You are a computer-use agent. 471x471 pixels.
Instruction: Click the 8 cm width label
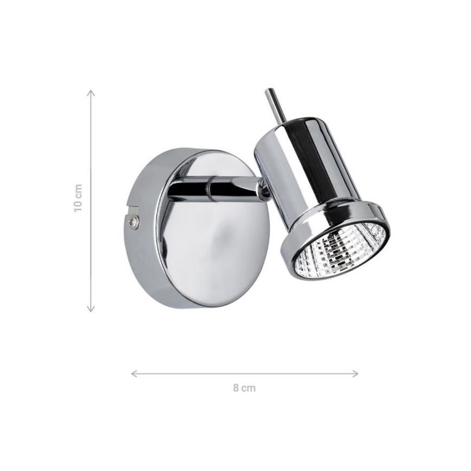coord(244,388)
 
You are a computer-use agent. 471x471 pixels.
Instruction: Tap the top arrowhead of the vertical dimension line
coord(91,93)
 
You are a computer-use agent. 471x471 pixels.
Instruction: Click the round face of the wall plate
coord(212,239)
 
